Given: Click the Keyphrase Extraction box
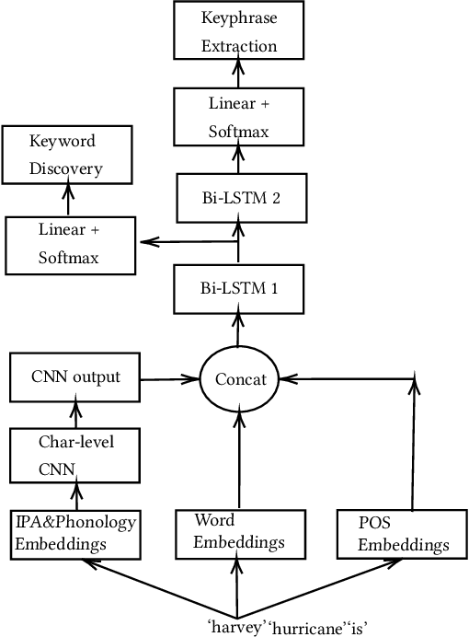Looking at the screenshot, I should coord(238,31).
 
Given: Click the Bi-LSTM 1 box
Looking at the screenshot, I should coord(238,288).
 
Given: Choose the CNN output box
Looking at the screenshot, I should coord(75,376).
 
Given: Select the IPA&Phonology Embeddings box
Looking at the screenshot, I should coord(75,533).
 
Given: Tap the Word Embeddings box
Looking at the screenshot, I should coord(238,533).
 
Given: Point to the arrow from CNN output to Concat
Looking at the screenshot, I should coord(172,376).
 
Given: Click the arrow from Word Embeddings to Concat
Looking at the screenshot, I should coord(238,460).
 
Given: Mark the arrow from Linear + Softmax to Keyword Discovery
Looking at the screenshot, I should coord(66,198).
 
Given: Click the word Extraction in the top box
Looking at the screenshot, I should coord(239,45).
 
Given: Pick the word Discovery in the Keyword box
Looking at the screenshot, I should coord(65,168).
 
